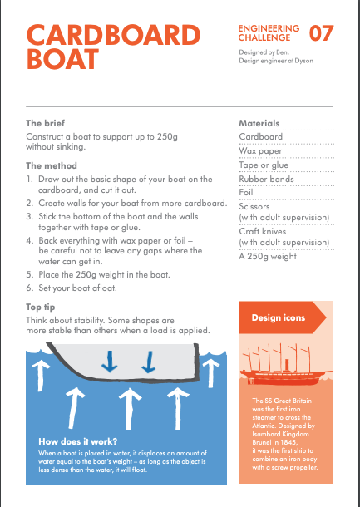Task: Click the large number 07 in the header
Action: click(321, 33)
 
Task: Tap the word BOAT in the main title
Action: click(62, 59)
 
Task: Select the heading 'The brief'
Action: click(45, 123)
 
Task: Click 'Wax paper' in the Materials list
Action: click(260, 151)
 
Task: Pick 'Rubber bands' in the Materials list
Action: click(266, 179)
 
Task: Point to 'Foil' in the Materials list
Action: click(246, 192)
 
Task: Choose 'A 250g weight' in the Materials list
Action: click(268, 257)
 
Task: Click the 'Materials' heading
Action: click(259, 123)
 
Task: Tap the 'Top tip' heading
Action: click(41, 308)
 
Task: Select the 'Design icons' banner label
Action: click(279, 317)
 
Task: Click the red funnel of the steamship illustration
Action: click(287, 364)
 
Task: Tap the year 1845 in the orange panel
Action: click(289, 442)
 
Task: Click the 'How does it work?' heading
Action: click(77, 441)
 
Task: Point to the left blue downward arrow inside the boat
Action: click(109, 361)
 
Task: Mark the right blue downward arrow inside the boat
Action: click(149, 362)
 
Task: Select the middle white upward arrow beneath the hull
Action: click(130, 409)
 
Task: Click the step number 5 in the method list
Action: click(29, 275)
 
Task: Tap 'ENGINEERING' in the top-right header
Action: click(269, 28)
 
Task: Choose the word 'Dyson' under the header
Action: click(303, 61)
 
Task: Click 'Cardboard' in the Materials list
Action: click(261, 137)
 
